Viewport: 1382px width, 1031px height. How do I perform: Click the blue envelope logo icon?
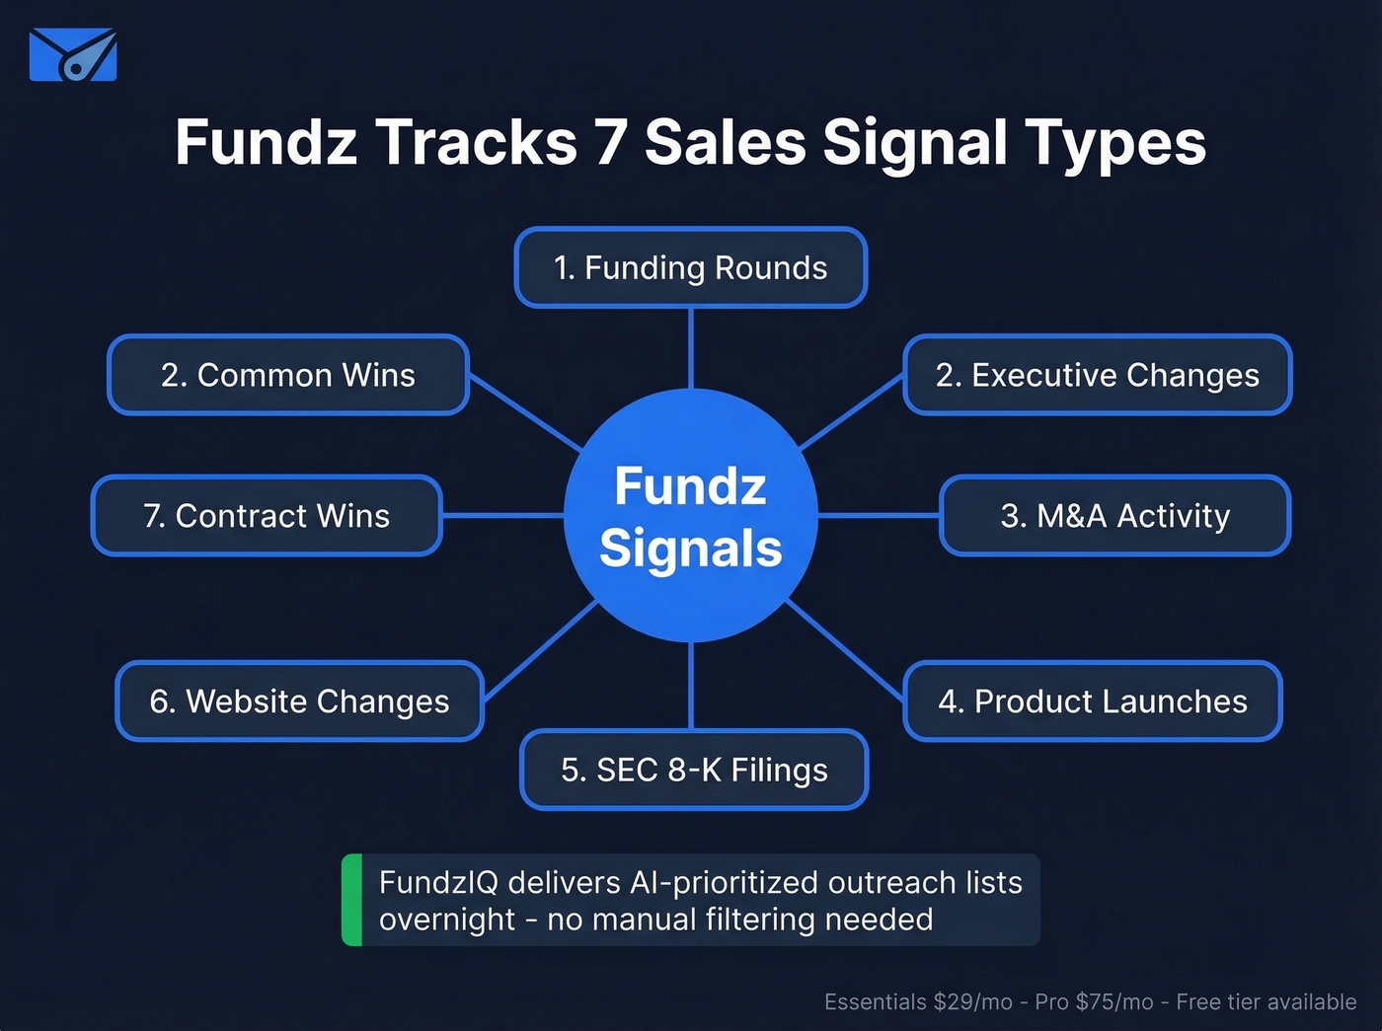[x=73, y=55]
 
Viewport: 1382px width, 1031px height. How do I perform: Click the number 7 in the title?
[x=610, y=142]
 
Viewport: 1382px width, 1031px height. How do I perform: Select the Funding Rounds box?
[x=691, y=267]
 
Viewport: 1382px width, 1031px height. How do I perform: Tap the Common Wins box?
[x=287, y=375]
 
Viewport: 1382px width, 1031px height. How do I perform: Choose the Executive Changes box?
[x=1097, y=375]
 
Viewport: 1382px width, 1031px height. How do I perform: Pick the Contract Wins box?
[x=267, y=516]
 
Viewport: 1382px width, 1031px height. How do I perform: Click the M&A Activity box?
[x=1114, y=516]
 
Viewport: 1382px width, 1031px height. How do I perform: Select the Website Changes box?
[x=299, y=701]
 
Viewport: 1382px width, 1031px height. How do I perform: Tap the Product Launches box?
[x=1092, y=701]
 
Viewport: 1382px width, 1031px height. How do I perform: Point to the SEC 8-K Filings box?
[x=694, y=770]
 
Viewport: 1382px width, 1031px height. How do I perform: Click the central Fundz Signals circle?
[x=691, y=516]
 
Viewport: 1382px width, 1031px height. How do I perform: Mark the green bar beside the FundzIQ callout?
[x=351, y=900]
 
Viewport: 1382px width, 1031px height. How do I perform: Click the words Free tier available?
[x=1266, y=1002]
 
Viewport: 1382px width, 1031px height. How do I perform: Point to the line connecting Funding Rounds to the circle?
[x=691, y=347]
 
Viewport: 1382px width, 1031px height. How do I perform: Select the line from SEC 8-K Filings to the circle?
[x=691, y=686]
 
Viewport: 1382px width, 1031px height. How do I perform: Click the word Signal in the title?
[x=914, y=142]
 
